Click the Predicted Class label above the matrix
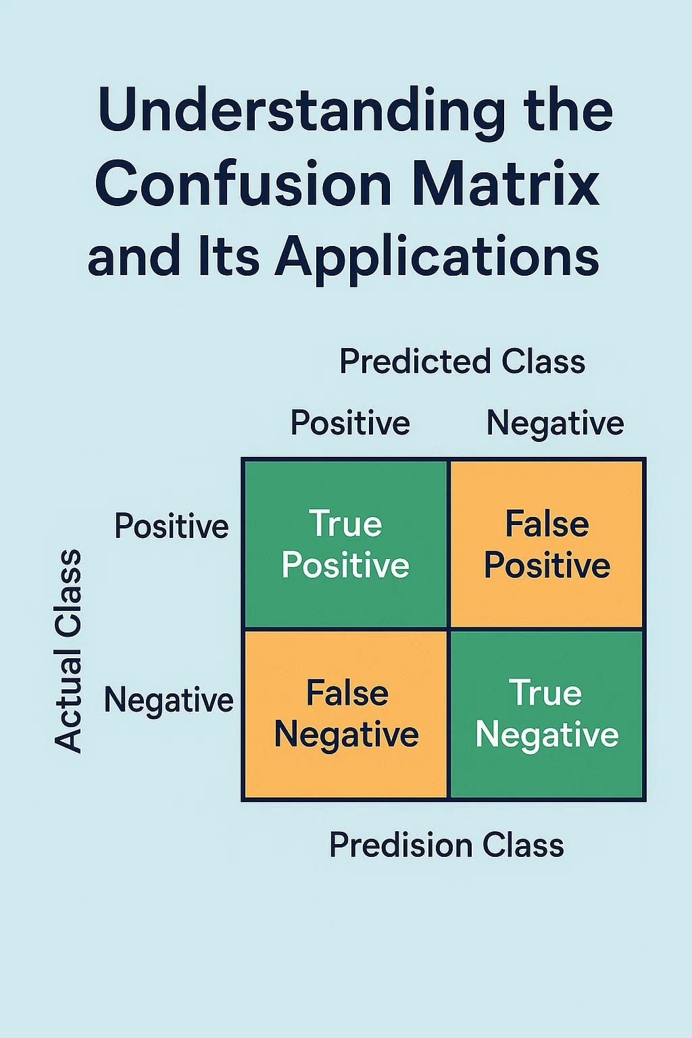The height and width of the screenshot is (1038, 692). click(462, 362)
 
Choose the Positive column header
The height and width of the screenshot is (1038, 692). click(350, 424)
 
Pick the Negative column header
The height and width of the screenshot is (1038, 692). click(555, 424)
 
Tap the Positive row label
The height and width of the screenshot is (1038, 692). click(172, 526)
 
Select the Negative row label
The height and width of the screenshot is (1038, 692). click(168, 700)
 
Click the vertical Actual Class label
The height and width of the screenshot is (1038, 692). click(68, 651)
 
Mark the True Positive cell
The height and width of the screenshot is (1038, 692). click(345, 544)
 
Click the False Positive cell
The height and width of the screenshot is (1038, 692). click(547, 544)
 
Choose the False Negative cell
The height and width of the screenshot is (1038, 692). click(346, 714)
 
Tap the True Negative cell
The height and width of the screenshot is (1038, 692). click(547, 714)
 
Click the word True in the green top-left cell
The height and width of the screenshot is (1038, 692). click(345, 524)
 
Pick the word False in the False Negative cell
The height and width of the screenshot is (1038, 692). click(347, 694)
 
